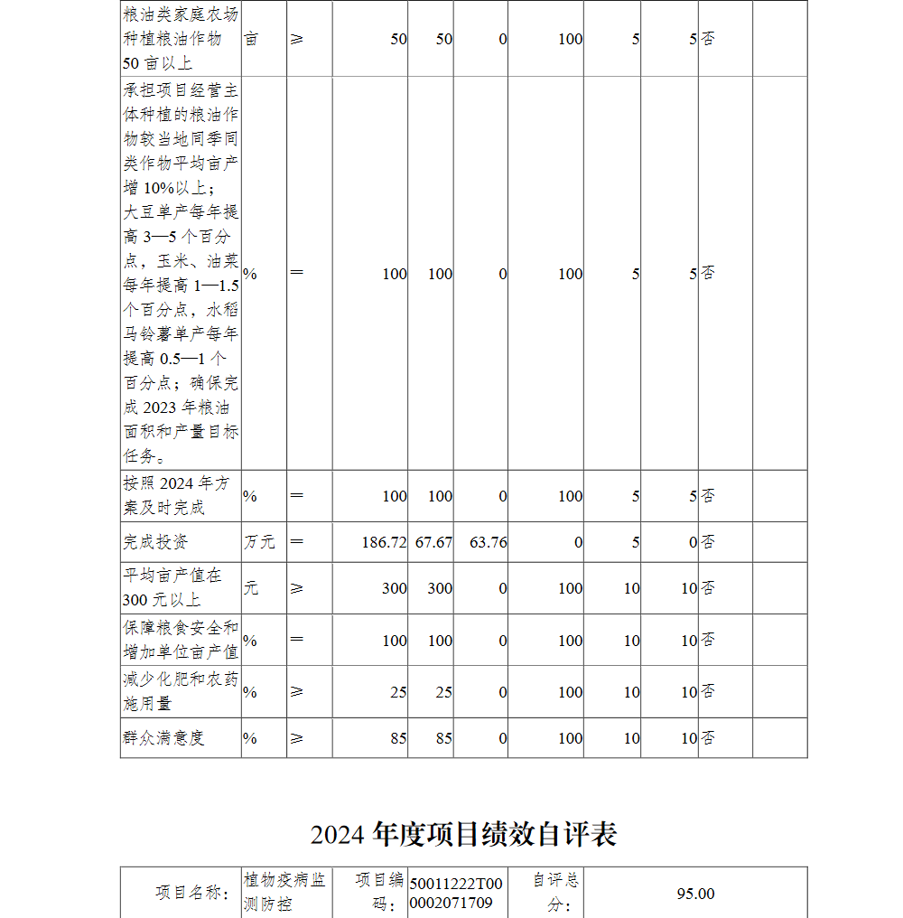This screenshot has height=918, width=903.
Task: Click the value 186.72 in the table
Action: tap(384, 542)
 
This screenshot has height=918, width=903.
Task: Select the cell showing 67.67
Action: tap(433, 542)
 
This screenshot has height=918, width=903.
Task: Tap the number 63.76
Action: tap(488, 542)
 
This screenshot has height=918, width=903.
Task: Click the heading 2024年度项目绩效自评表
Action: tap(463, 834)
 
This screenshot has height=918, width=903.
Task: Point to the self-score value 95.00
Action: tap(695, 894)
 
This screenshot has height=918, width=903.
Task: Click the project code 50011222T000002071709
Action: tap(456, 894)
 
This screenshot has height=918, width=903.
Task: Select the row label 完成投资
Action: tap(155, 542)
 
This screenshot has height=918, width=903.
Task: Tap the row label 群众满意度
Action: tap(163, 738)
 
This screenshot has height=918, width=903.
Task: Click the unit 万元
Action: tap(259, 542)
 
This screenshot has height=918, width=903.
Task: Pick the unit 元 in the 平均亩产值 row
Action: tap(250, 588)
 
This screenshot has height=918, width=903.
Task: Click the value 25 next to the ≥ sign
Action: tap(398, 692)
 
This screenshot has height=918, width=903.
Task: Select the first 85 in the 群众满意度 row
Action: tap(398, 738)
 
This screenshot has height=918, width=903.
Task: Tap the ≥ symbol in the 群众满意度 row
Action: tap(297, 738)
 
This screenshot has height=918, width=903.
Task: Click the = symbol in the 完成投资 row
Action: tap(297, 542)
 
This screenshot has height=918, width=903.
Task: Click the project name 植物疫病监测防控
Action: tap(284, 892)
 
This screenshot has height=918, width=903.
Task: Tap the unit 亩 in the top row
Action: tap(251, 40)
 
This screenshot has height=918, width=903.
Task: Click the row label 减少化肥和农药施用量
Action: tap(181, 691)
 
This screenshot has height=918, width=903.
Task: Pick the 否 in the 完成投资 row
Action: tap(708, 542)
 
